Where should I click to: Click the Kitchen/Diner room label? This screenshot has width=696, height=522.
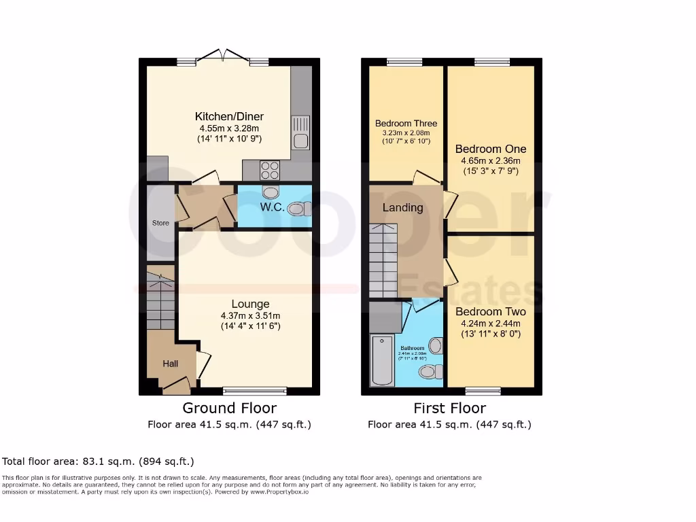point(229,116)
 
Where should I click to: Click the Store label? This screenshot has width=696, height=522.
point(160,223)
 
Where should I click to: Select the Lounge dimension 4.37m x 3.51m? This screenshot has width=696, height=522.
point(250,315)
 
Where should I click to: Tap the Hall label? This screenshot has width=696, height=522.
point(170,364)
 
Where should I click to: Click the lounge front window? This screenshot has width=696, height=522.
point(255,391)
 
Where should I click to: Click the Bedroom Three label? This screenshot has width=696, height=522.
point(406,124)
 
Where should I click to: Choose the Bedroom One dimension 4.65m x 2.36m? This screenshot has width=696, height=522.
point(491,161)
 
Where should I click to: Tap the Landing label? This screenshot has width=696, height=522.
point(402,207)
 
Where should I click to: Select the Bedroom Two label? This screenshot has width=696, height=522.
point(490,312)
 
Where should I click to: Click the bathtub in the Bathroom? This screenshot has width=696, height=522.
point(382,360)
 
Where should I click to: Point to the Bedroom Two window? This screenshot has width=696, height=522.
point(483,391)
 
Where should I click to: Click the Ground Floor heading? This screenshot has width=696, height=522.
point(229,408)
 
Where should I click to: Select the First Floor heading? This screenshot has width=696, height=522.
point(449,408)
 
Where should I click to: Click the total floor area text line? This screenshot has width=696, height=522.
point(99,462)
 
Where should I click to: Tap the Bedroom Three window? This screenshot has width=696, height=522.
point(404,63)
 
